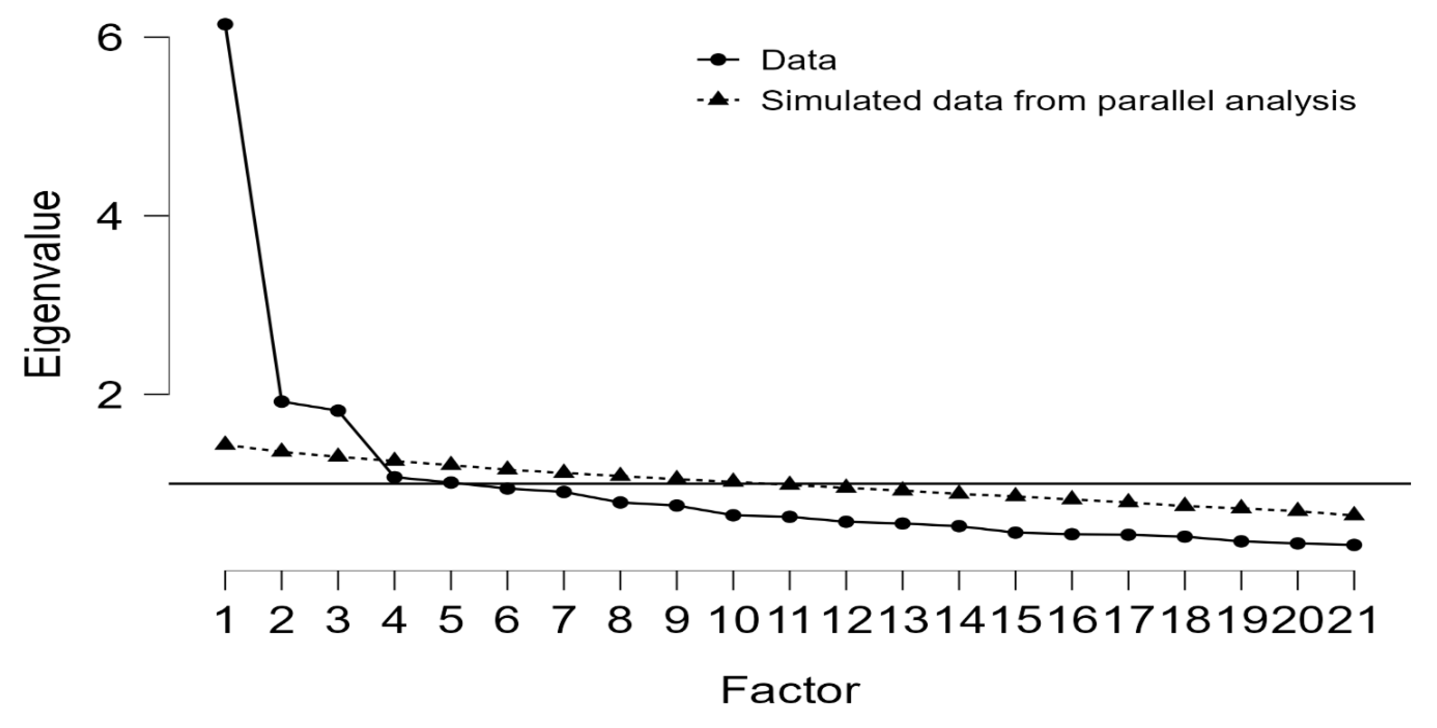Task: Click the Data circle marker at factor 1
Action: pyautogui.click(x=225, y=25)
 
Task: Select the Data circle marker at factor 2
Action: pyautogui.click(x=282, y=401)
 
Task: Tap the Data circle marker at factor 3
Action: pyautogui.click(x=338, y=411)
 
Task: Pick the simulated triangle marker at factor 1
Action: pyautogui.click(x=225, y=444)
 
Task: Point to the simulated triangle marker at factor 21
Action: pyautogui.click(x=1354, y=514)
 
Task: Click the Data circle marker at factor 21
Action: pyautogui.click(x=1354, y=544)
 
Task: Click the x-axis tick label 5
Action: pyautogui.click(x=451, y=620)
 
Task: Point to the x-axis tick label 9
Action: pyautogui.click(x=676, y=620)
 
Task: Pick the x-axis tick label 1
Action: pyautogui.click(x=225, y=620)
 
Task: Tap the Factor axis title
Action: pyautogui.click(x=790, y=690)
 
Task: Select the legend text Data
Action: pyautogui.click(x=799, y=60)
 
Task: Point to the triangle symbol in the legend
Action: pyautogui.click(x=718, y=99)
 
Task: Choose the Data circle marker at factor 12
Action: pyautogui.click(x=846, y=521)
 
